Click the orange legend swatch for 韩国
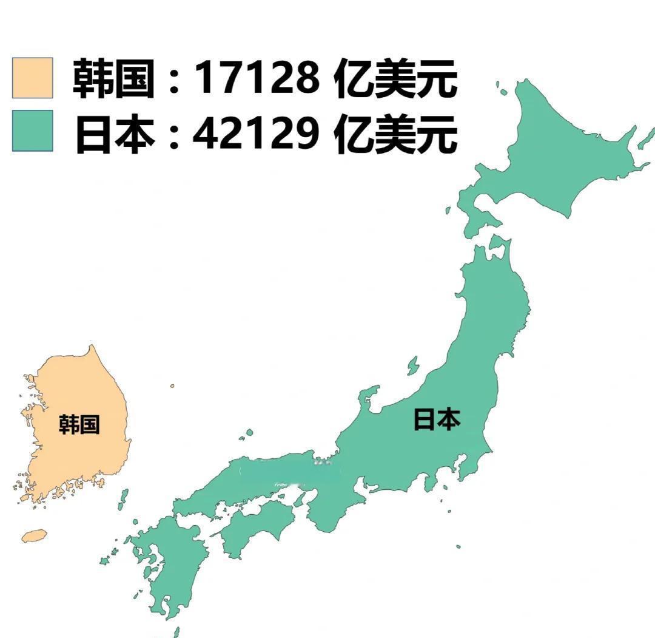pyautogui.click(x=33, y=78)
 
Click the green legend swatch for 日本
pyautogui.click(x=33, y=131)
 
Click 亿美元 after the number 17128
pyautogui.click(x=395, y=78)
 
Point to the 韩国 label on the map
pyautogui.click(x=79, y=424)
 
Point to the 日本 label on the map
pyautogui.click(x=437, y=419)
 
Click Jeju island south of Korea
pyautogui.click(x=34, y=535)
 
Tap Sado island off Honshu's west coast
pyautogui.click(x=413, y=366)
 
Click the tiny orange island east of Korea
pyautogui.click(x=172, y=385)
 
